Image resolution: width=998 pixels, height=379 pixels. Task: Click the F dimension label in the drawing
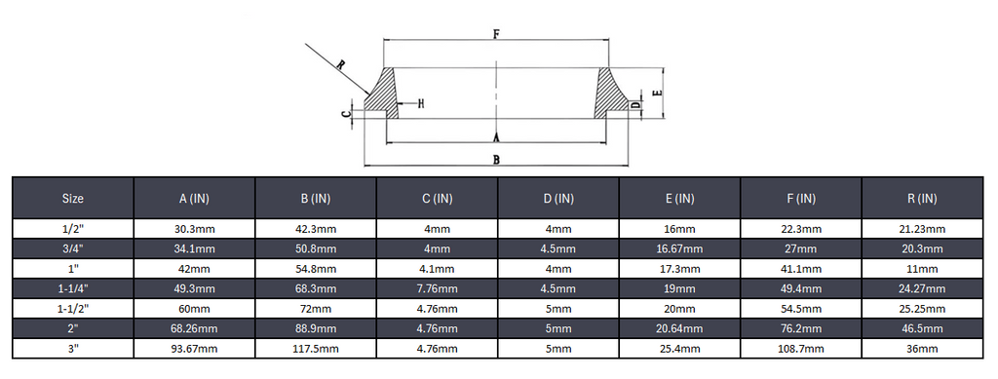point(496,34)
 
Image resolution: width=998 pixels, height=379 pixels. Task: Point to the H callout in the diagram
point(420,103)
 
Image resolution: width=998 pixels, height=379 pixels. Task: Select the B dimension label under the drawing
point(496,159)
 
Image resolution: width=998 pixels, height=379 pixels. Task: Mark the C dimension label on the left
point(346,114)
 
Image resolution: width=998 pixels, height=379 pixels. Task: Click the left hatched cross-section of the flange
point(382,94)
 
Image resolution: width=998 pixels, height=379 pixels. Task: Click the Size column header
point(73,199)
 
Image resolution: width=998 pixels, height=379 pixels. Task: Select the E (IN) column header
point(679,199)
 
